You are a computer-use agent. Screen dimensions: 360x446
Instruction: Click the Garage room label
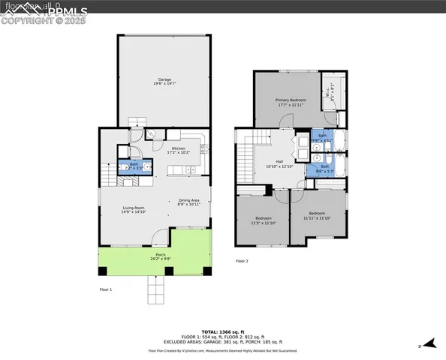[x=164, y=82]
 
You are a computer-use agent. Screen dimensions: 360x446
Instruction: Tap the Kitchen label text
[x=179, y=151]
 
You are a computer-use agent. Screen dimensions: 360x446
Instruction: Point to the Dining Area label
[x=189, y=202]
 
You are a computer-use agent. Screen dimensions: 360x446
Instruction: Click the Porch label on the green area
[x=161, y=257]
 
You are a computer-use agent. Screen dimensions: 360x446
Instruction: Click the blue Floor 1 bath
[x=135, y=166]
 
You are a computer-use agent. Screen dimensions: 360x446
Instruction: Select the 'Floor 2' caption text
[x=242, y=261]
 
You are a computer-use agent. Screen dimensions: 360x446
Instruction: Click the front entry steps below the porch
[x=155, y=288]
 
